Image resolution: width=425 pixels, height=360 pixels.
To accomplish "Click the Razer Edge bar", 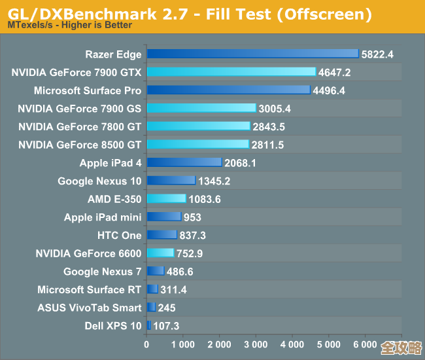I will (252, 54).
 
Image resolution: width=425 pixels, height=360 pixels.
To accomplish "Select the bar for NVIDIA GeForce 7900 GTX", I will (231, 72).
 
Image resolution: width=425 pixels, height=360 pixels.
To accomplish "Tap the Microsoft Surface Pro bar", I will (228, 90).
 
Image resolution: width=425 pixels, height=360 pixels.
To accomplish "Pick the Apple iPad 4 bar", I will (184, 162).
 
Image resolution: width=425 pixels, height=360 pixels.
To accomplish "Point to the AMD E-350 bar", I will (167, 198).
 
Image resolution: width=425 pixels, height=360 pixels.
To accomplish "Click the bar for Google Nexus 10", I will (171, 180).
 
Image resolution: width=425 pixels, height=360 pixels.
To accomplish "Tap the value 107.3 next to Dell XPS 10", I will (166, 325).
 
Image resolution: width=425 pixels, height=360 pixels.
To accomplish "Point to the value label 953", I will (192, 217).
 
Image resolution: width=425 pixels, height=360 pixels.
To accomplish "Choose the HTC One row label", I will (119, 235).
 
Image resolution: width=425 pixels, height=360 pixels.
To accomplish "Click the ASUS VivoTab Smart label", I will (89, 307).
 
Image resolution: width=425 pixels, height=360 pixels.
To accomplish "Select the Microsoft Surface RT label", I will (89, 289).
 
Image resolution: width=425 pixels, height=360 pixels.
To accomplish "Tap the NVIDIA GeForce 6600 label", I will (88, 253).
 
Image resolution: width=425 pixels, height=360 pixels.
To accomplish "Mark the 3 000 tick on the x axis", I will (256, 344).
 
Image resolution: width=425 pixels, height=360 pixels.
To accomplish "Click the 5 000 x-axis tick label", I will (329, 344).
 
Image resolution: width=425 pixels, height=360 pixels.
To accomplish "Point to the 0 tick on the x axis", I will (147, 344).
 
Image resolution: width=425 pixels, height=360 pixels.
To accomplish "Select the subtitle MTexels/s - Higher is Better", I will (69, 26).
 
